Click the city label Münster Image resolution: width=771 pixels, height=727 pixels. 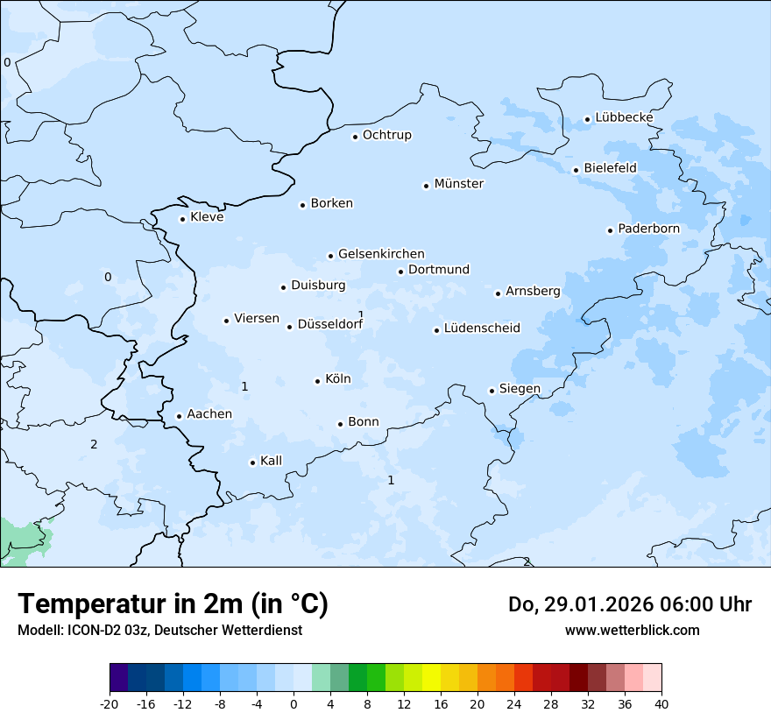[x=458, y=184]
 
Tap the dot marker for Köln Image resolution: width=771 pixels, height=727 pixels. [x=317, y=381]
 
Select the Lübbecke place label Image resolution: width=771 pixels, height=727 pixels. [x=624, y=117]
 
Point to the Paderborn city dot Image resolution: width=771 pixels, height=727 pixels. [x=610, y=230]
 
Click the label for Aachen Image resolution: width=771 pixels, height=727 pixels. [x=209, y=414]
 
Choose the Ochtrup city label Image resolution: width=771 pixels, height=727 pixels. [x=386, y=135]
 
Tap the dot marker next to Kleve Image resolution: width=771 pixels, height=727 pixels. [x=182, y=219]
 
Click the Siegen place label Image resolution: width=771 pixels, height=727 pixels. [x=520, y=389]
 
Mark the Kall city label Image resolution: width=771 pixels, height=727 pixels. [x=271, y=461]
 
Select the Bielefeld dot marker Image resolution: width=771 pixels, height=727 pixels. [x=576, y=170]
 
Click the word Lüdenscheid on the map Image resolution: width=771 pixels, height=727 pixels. [x=482, y=328]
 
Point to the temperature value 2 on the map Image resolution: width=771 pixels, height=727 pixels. [x=94, y=444]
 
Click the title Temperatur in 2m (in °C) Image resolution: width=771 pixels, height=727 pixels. [x=173, y=604]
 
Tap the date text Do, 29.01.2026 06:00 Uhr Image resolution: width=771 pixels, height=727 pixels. [x=629, y=604]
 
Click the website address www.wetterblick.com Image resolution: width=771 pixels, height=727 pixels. [x=632, y=630]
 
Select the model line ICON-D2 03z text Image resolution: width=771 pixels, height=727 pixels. [x=159, y=630]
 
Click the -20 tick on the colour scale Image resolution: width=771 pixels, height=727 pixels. [x=110, y=703]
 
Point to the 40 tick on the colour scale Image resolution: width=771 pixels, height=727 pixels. [x=661, y=703]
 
